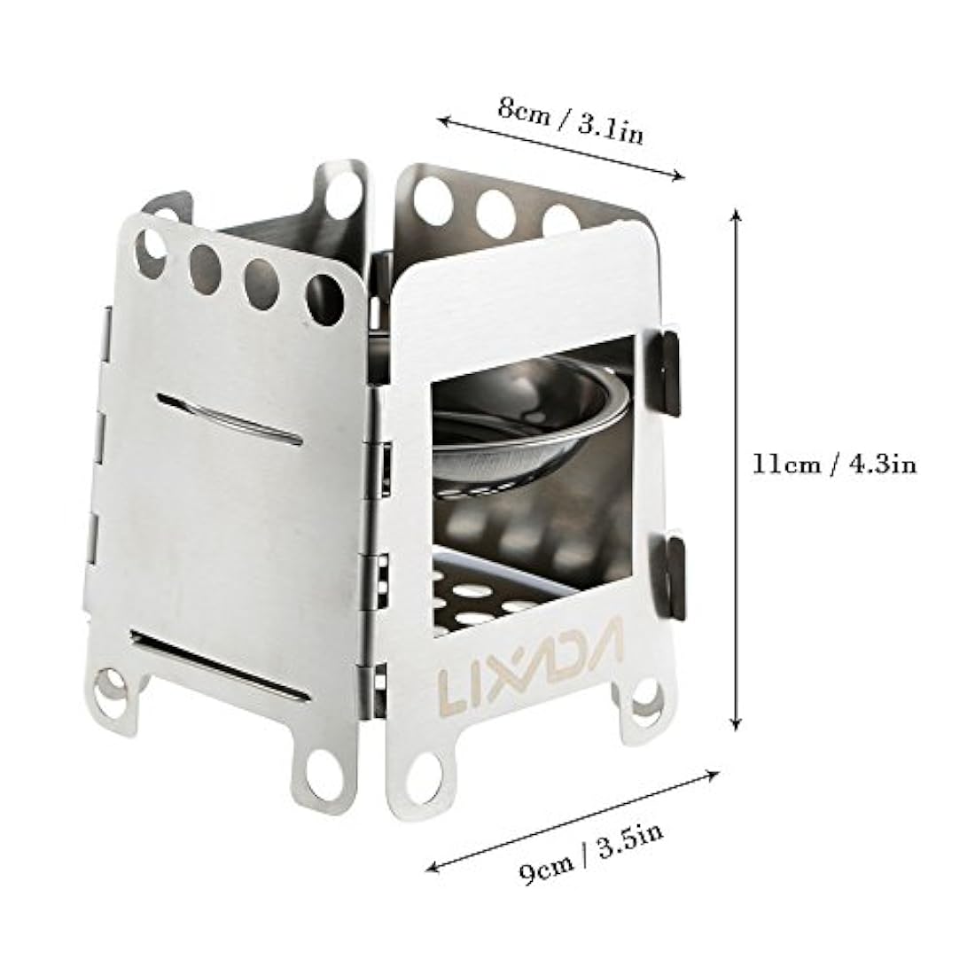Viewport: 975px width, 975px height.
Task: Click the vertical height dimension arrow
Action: tap(736, 470)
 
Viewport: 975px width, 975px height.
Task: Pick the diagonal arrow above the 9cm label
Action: tap(572, 821)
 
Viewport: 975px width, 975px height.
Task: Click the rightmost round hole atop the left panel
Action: tap(324, 297)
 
